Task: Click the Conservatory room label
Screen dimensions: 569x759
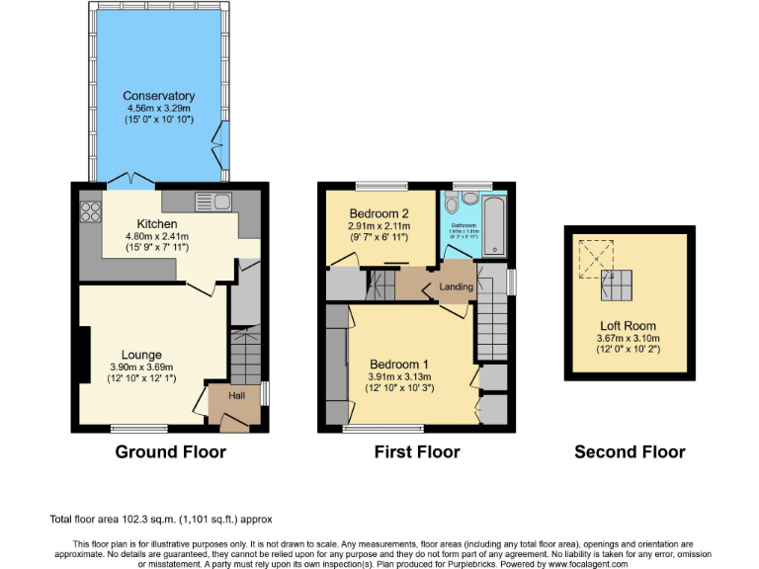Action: click(159, 96)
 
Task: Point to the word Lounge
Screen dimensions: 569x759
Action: click(141, 355)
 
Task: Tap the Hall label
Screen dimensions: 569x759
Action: click(236, 396)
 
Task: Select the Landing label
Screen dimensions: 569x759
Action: click(457, 287)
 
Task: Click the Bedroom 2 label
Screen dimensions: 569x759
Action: click(379, 213)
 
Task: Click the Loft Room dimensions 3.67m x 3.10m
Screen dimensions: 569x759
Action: click(628, 338)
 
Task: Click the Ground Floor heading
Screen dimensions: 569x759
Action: click(170, 452)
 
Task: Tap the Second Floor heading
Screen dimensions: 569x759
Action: click(630, 452)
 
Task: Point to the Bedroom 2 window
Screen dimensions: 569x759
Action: click(380, 185)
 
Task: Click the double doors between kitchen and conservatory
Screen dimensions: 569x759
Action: click(130, 181)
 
